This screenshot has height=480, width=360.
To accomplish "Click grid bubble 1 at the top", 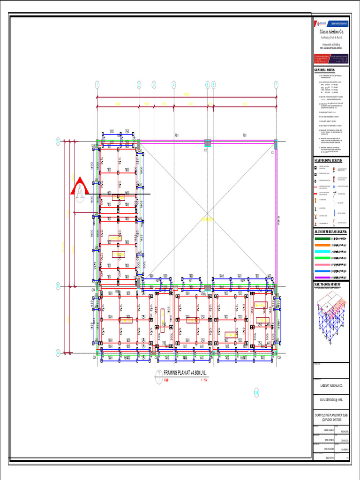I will click(97, 85).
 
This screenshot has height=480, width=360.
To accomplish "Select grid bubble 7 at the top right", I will click(276, 85).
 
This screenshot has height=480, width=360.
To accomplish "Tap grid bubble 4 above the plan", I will click(173, 85).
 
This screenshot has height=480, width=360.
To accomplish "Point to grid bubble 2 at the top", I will click(139, 85).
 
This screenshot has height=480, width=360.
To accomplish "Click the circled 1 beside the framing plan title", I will click(159, 373).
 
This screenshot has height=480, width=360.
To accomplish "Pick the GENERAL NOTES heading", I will click(328, 70).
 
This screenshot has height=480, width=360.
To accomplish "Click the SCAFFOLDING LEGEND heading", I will click(331, 161).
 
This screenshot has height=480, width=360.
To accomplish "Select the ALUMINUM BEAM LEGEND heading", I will click(331, 232).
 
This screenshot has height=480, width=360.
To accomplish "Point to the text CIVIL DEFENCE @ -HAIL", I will click(331, 400).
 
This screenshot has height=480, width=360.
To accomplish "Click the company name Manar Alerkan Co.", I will click(331, 31).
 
